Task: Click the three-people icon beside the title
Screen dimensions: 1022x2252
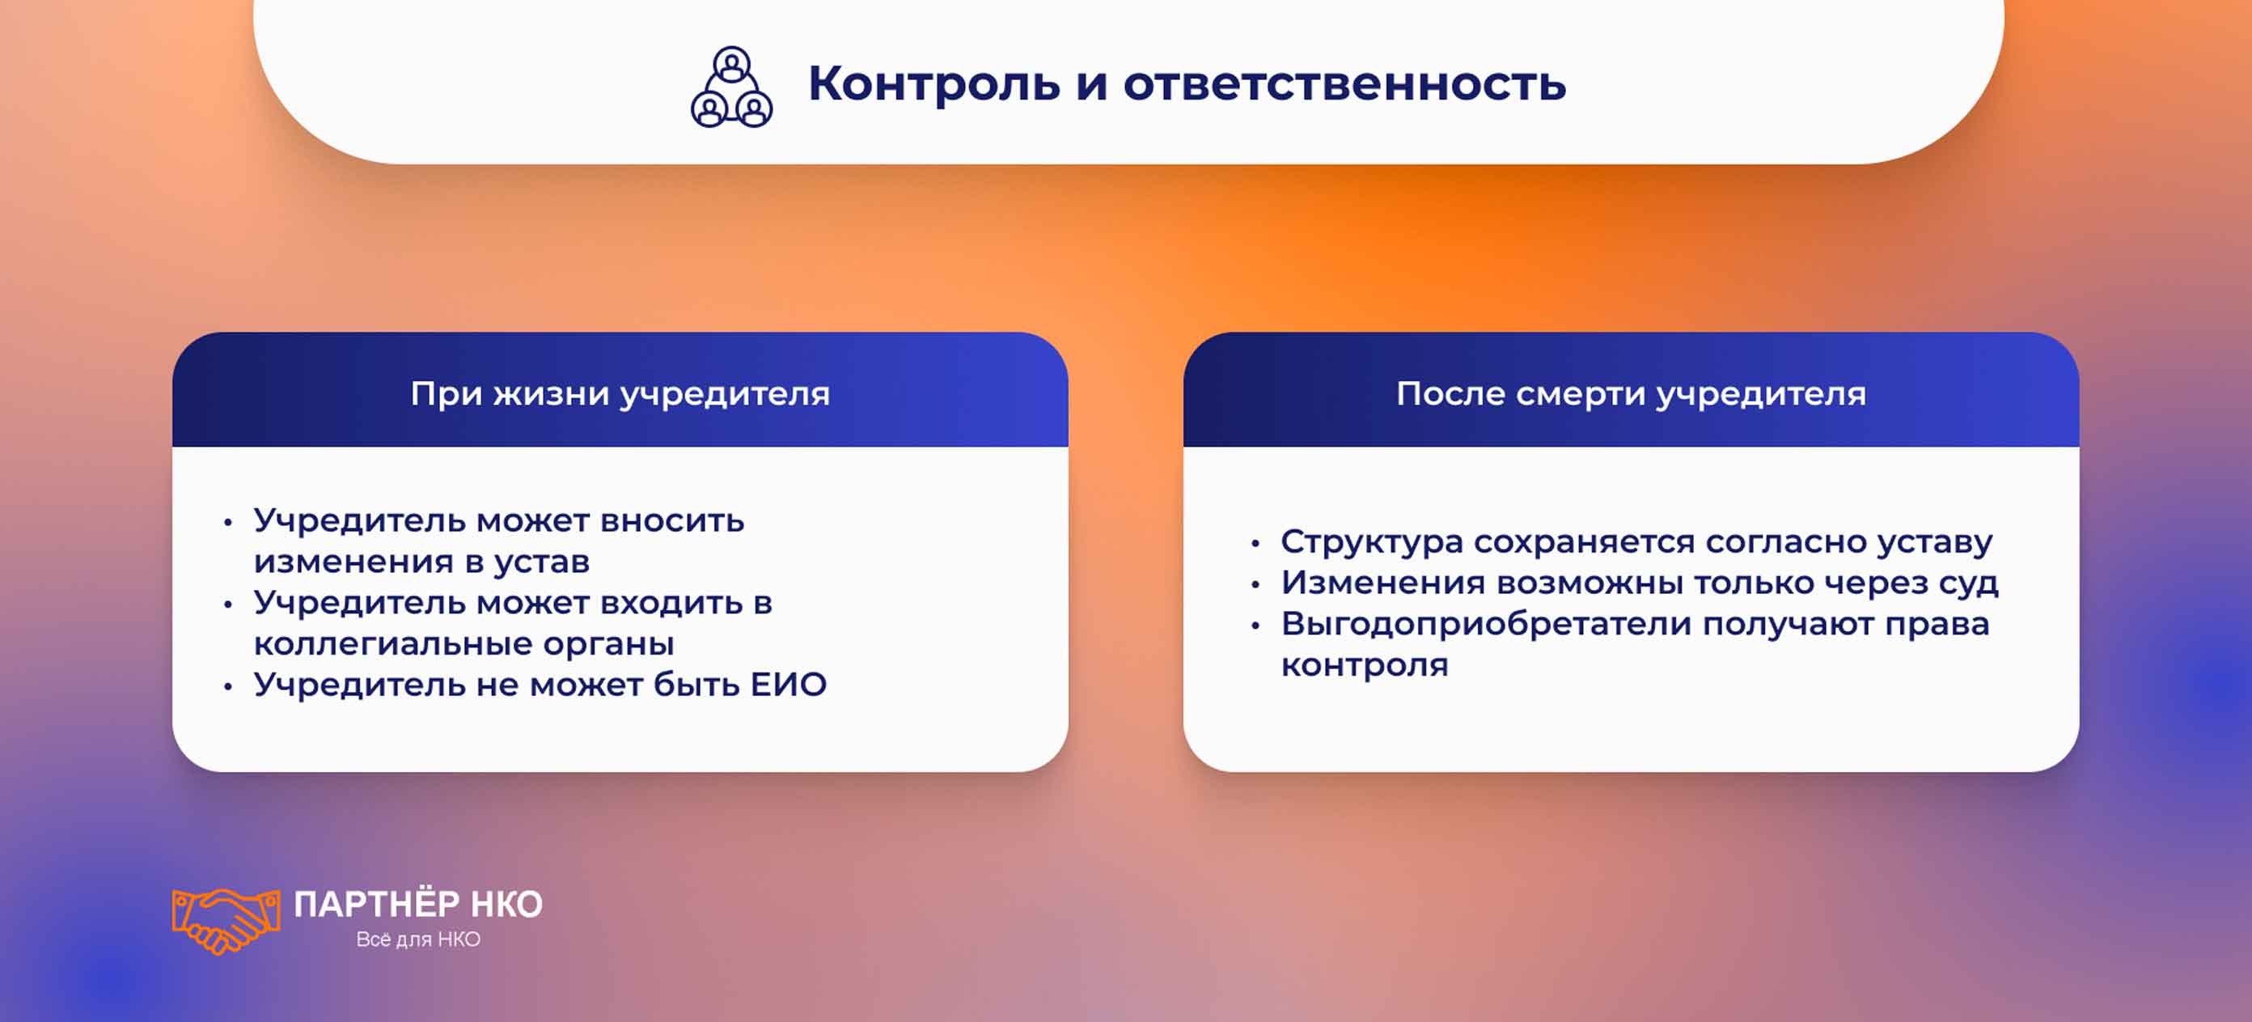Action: [x=732, y=87]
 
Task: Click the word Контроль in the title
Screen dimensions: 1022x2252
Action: [x=933, y=84]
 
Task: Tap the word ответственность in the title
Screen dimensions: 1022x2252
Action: [x=1344, y=84]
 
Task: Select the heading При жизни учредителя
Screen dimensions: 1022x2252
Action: [x=620, y=393]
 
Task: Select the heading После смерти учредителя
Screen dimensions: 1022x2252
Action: [x=1631, y=393]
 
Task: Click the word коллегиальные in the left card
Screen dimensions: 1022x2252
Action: [x=392, y=644]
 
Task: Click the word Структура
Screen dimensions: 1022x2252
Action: [x=1372, y=542]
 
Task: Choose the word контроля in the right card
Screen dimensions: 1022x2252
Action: [x=1364, y=665]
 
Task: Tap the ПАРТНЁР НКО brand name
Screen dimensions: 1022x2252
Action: [x=418, y=904]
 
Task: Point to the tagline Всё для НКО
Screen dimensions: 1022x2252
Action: [x=418, y=939]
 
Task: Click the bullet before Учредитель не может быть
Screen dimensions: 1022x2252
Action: [x=228, y=686]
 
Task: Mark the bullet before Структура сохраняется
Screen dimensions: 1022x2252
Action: [x=1255, y=544]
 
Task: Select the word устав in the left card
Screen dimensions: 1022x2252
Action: [x=541, y=562]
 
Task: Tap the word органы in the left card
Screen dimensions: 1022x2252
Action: [x=608, y=644]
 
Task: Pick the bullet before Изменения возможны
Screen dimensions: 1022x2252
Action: [x=1255, y=585]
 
